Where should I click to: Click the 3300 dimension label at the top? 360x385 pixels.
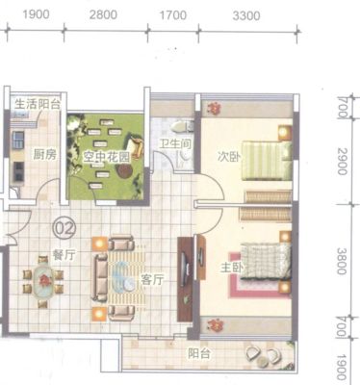[246, 15]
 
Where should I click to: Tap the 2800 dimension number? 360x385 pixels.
[103, 14]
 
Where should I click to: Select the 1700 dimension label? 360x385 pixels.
[173, 15]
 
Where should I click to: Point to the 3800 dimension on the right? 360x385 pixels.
[343, 261]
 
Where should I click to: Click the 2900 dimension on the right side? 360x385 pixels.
[343, 162]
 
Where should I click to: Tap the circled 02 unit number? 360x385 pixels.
[64, 228]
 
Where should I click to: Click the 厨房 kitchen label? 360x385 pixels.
[45, 155]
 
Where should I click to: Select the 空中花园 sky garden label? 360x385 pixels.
[107, 157]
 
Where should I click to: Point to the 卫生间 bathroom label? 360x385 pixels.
[176, 143]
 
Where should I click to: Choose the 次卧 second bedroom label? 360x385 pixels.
[228, 156]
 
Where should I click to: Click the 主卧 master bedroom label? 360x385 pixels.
[232, 268]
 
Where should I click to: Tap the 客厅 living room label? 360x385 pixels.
[152, 280]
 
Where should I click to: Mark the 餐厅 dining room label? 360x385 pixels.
[64, 255]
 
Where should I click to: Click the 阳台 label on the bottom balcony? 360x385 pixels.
[199, 353]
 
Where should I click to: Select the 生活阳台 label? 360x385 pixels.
[38, 104]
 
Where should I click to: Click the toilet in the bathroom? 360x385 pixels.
[182, 127]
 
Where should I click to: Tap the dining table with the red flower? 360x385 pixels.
[43, 281]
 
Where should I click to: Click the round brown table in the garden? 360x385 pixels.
[124, 171]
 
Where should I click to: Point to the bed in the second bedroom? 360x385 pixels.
[267, 160]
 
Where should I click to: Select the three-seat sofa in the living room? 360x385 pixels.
[101, 277]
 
